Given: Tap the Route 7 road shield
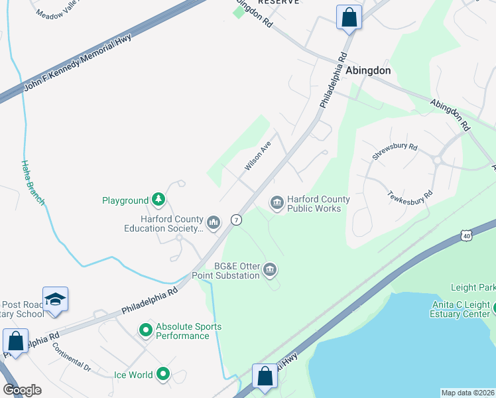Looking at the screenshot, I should coord(235,220).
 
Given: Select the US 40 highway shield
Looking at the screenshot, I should coord(467,235).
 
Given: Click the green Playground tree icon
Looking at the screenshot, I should coord(158,200).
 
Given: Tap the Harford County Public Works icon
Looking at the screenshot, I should coord(277,202).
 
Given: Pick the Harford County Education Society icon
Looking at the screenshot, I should coord(213,222).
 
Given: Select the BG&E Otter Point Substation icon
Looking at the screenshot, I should coord(270,269).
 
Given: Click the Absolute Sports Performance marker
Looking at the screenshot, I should coord(146,330).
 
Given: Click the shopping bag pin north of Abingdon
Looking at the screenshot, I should coord(349,17).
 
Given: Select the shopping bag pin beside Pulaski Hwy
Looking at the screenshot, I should coord(265,375).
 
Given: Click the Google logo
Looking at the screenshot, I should coord(22,390).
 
